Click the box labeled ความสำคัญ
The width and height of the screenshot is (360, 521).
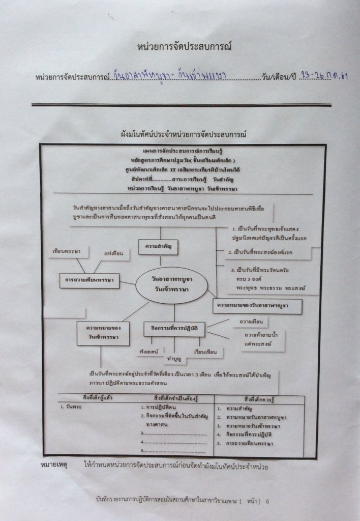(158, 247)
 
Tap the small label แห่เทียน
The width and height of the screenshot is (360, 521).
(114, 253)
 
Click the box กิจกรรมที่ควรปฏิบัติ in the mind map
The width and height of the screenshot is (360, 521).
(174, 329)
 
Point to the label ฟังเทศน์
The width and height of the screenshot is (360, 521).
(148, 351)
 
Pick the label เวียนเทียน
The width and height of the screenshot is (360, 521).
(205, 352)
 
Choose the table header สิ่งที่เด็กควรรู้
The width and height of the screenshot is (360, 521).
(259, 397)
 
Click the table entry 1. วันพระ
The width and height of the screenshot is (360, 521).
(71, 408)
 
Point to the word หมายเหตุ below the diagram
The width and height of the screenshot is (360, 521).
(53, 466)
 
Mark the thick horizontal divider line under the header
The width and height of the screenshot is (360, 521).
(181, 105)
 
